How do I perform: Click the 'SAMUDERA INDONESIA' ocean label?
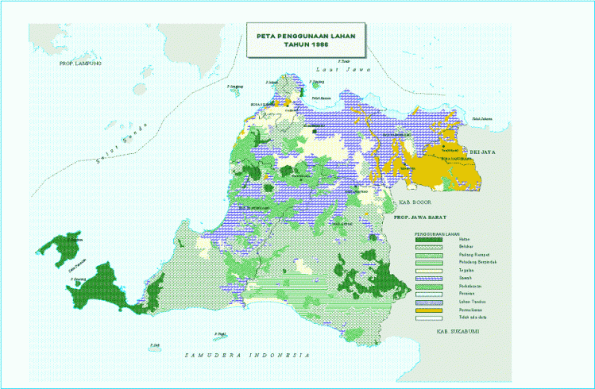(x=246, y=354)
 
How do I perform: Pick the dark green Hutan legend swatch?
(x=428, y=241)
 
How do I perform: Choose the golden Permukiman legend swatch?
(x=428, y=309)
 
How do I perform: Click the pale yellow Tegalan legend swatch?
(x=428, y=271)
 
